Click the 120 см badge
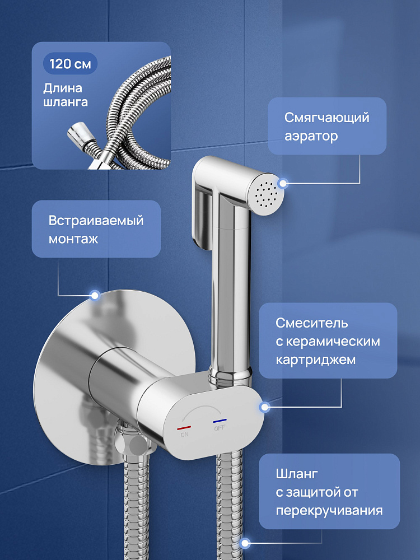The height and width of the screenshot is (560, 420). point(70,64)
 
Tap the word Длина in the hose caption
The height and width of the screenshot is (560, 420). point(63,88)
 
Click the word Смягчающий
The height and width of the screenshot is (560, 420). point(327,118)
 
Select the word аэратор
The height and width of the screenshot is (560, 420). point(311,136)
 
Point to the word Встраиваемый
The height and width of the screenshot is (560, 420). point(96,220)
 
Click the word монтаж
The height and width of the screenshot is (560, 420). point(73,239)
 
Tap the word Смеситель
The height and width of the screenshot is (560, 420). point(312,323)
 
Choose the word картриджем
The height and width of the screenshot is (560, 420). point(316,360)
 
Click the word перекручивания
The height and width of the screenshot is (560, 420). point(329,510)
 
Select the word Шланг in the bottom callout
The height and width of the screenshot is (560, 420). point(297,474)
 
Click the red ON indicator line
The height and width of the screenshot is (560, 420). point(184,427)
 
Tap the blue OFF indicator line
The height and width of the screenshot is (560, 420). point(220,421)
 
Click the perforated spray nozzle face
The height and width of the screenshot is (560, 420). point(266,194)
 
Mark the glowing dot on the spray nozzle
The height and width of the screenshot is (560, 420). point(283,184)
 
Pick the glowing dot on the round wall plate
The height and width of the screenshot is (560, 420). point(95,295)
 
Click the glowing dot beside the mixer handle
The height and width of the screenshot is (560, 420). point(265,407)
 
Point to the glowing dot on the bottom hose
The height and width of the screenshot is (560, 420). point(245,544)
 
